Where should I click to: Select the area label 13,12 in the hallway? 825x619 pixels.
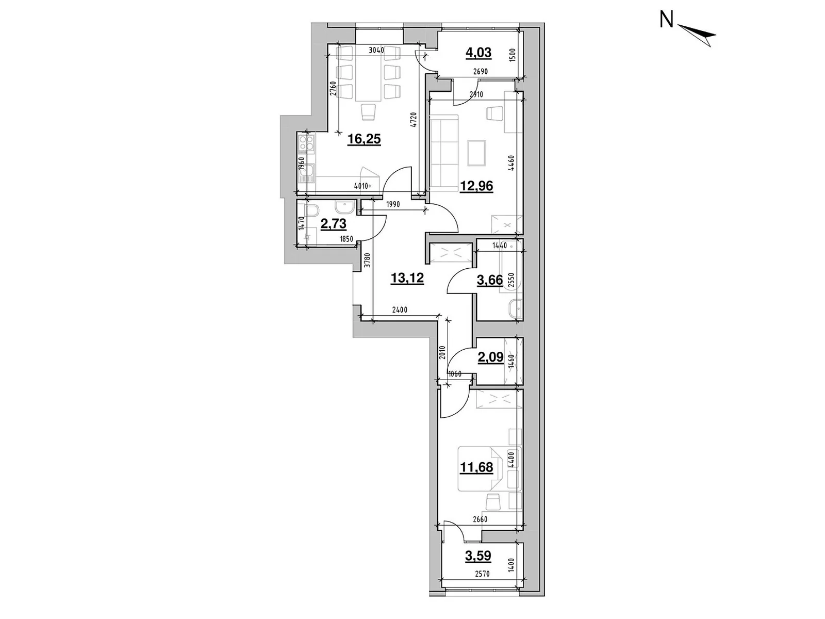(407, 279)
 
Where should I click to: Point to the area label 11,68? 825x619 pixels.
(476, 467)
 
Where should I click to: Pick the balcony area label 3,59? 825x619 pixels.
(477, 556)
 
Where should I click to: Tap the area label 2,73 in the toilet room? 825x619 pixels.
(333, 224)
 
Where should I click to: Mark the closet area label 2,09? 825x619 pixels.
(490, 357)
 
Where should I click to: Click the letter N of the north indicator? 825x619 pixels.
(667, 20)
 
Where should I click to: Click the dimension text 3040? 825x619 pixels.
(377, 50)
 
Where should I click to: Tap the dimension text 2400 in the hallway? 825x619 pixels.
(400, 310)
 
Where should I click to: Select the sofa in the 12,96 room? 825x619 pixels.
(444, 148)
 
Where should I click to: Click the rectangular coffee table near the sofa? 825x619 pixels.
(476, 154)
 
